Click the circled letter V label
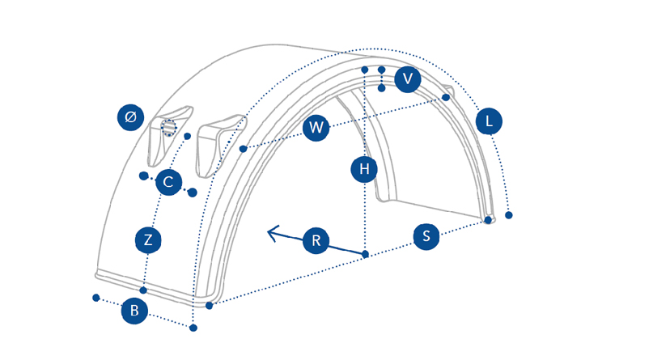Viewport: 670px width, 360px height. (408, 78)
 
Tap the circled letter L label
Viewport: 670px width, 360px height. (489, 121)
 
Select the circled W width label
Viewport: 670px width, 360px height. (316, 127)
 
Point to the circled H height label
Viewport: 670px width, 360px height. (364, 169)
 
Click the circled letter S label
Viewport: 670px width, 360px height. (426, 236)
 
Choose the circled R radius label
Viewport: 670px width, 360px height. (316, 240)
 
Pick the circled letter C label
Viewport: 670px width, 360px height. (168, 182)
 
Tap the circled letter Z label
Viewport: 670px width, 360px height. (148, 239)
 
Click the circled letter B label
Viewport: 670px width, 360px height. (134, 310)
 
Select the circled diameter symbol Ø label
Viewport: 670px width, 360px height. (130, 117)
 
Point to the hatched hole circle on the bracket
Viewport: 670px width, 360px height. (168, 128)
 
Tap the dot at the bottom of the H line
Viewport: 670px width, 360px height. (365, 255)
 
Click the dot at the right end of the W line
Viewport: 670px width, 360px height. (446, 97)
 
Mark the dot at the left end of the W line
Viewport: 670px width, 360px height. (244, 149)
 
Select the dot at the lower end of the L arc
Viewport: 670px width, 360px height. (508, 215)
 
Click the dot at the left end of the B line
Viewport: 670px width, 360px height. (96, 298)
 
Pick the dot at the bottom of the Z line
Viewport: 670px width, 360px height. (143, 290)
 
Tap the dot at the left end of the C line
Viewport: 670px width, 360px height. (143, 176)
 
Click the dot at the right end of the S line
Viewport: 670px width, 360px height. (488, 220)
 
